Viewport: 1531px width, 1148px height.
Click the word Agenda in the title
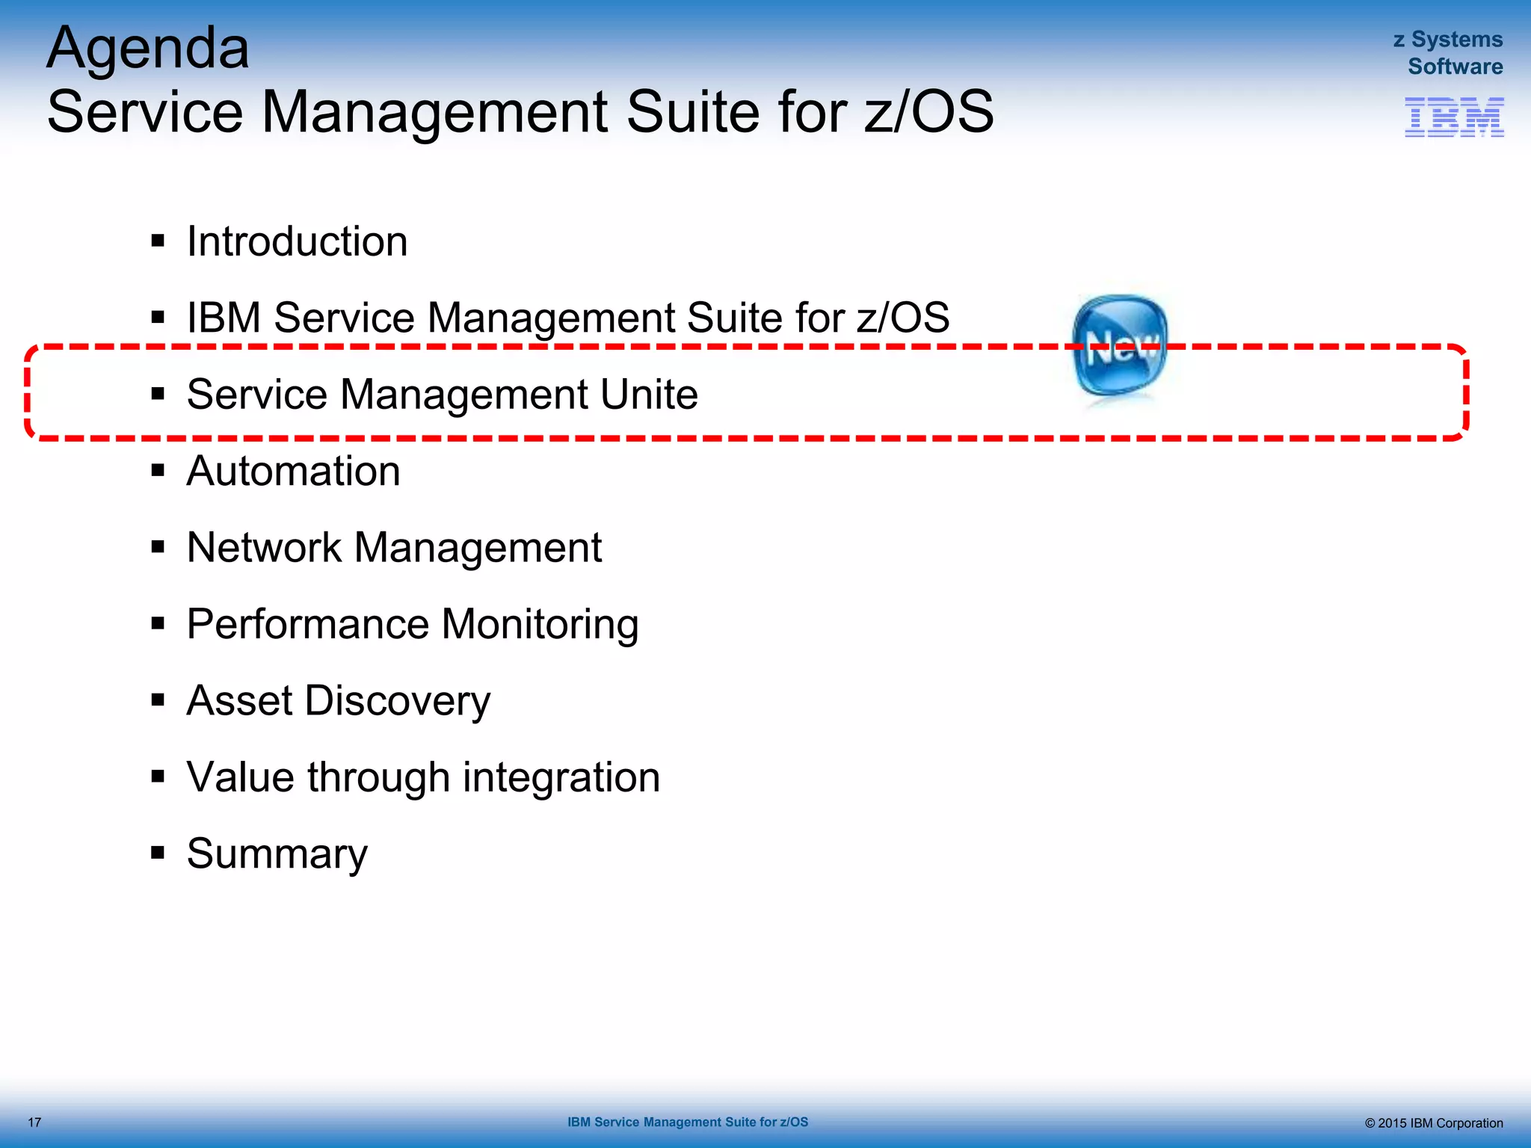tap(148, 49)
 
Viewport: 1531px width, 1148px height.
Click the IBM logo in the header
tap(1454, 117)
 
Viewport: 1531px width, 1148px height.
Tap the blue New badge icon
tap(1119, 345)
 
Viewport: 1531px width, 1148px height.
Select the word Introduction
tap(297, 241)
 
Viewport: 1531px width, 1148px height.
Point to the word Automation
tap(293, 471)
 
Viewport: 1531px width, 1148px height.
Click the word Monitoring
tap(540, 624)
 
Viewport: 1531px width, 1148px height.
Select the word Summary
tap(277, 854)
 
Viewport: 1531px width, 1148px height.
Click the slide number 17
tap(34, 1123)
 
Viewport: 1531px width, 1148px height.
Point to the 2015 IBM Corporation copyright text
tap(1433, 1123)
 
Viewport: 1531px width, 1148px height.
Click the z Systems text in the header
tap(1447, 40)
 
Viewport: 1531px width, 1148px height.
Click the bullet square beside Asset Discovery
tap(158, 700)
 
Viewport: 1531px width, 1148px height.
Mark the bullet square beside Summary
tap(158, 853)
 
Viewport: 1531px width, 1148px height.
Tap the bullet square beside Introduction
tap(158, 241)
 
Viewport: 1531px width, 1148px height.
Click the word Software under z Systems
tap(1455, 67)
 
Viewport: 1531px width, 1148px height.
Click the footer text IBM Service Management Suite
tap(687, 1122)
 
